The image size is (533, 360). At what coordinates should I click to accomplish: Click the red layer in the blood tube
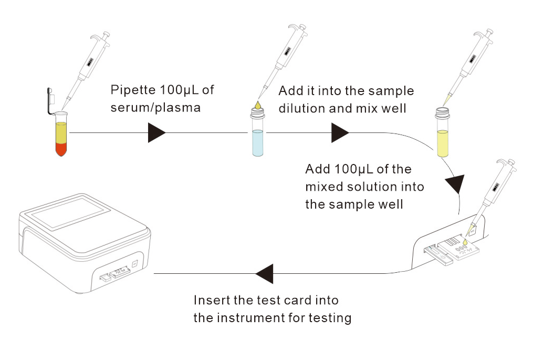(x=61, y=149)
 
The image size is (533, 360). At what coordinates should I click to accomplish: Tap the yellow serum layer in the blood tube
(x=61, y=133)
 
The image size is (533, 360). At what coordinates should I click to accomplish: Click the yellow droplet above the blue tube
(x=258, y=105)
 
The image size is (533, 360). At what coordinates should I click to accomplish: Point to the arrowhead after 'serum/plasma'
(x=156, y=133)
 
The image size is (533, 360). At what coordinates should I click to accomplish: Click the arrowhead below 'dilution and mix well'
(x=340, y=133)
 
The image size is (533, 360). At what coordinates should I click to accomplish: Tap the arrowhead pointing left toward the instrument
(x=265, y=274)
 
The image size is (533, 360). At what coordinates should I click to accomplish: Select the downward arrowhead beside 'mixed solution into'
(x=455, y=184)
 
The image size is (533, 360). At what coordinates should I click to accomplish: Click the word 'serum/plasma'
(x=155, y=108)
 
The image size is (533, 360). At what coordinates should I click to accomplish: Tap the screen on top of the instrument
(x=68, y=213)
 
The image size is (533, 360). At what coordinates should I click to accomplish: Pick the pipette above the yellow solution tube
(x=469, y=66)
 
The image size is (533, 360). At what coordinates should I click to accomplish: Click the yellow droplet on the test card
(x=465, y=242)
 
